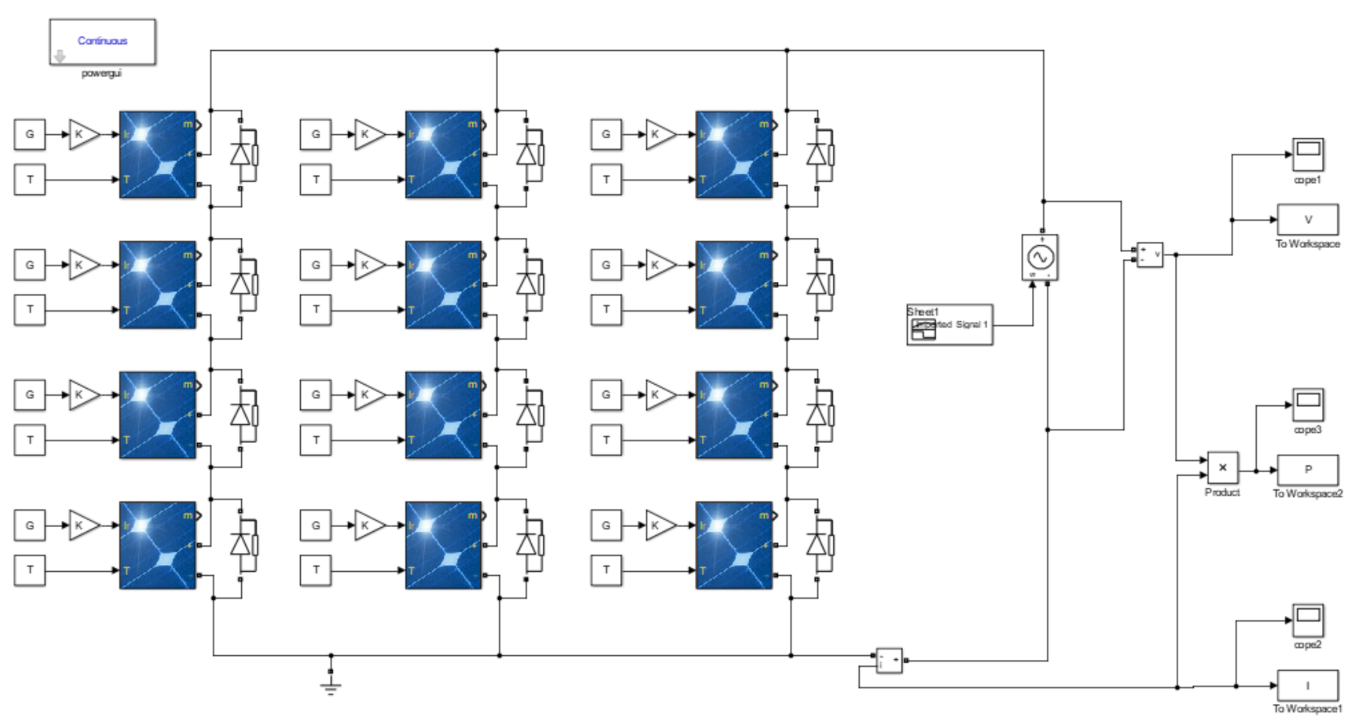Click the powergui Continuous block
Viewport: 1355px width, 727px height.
coord(102,42)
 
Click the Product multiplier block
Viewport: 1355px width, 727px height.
coord(1222,468)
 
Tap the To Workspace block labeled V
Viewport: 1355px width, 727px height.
coord(1308,220)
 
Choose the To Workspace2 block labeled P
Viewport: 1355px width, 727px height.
coord(1308,470)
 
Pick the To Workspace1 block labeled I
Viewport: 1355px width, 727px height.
coord(1308,685)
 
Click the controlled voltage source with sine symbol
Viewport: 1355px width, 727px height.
coord(1040,257)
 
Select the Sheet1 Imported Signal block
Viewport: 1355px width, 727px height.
coord(949,325)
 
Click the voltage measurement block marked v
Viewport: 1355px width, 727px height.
coord(1150,255)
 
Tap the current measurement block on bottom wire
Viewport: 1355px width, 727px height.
coord(889,660)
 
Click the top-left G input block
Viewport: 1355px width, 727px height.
coord(30,134)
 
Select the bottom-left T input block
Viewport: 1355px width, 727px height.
coord(30,570)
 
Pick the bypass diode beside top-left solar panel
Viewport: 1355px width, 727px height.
coord(241,154)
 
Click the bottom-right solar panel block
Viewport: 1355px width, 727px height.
coord(734,545)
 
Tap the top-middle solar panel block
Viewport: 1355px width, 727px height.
coord(443,154)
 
